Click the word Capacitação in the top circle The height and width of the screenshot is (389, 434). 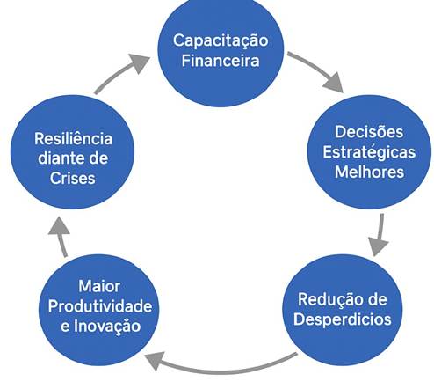(x=221, y=41)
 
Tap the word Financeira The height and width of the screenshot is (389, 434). (x=221, y=61)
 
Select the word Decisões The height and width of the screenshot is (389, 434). (x=369, y=132)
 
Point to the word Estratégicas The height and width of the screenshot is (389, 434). (x=369, y=152)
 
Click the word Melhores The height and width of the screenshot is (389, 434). (x=369, y=172)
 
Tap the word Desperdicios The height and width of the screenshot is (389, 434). (x=343, y=319)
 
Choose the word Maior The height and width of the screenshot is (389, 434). (x=99, y=286)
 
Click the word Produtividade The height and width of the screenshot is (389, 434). (x=100, y=306)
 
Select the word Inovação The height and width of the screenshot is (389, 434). (x=107, y=326)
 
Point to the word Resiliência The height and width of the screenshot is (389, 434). (x=73, y=138)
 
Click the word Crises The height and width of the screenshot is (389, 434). (x=72, y=178)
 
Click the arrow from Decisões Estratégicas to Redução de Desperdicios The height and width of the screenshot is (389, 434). (x=380, y=235)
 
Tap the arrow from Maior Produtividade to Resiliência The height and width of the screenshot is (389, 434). (x=61, y=238)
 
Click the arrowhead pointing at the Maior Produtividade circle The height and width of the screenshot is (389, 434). (x=154, y=360)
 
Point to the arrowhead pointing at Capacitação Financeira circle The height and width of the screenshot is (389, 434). (x=140, y=62)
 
